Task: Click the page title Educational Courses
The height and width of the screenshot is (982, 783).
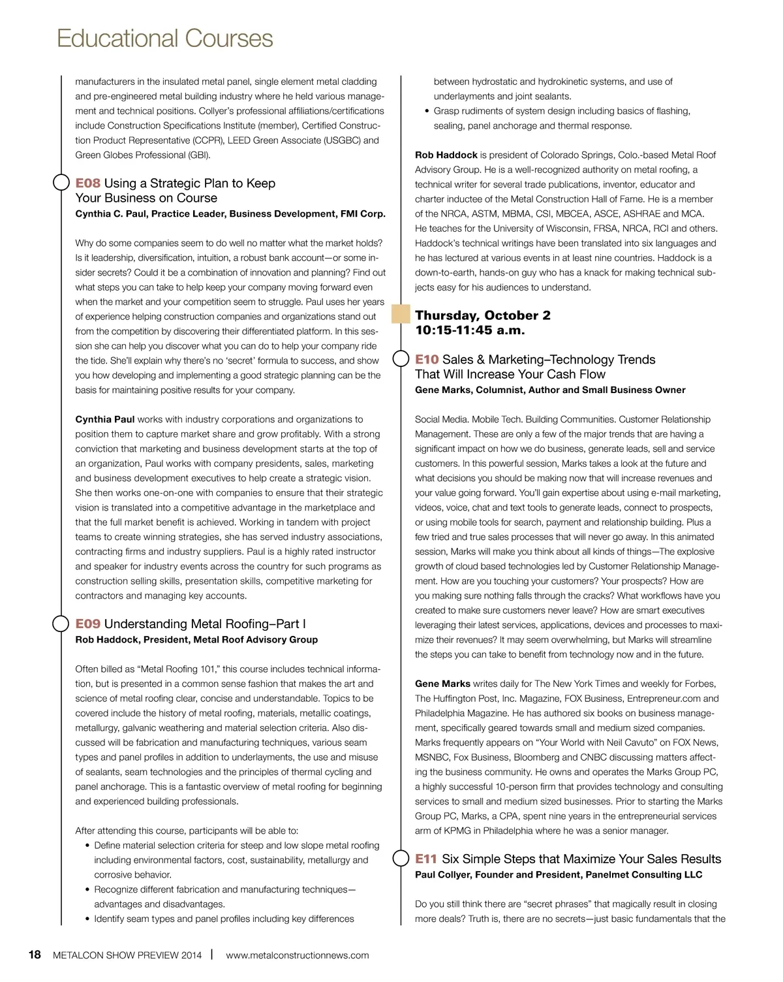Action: [x=164, y=39]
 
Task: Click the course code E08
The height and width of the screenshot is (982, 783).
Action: [x=88, y=183]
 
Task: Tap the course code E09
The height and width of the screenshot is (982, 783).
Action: [x=88, y=624]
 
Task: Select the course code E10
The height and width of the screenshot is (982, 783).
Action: [x=427, y=360]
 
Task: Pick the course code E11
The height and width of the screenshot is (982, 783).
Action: [x=427, y=859]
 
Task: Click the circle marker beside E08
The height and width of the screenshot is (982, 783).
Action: [x=61, y=183]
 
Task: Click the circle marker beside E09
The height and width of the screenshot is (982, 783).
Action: [x=61, y=624]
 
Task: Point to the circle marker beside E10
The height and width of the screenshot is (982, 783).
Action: [x=401, y=359]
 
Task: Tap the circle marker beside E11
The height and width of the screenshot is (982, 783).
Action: [x=401, y=859]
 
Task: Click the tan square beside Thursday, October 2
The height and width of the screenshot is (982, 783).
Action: [x=401, y=315]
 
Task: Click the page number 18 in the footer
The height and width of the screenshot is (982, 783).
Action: [x=35, y=955]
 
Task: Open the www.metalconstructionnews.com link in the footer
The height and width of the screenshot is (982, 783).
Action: [x=297, y=955]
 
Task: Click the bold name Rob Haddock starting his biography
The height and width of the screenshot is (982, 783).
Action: [x=446, y=155]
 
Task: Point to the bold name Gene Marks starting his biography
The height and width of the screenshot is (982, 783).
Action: [x=442, y=684]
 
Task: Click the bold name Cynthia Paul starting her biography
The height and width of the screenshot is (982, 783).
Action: [x=105, y=420]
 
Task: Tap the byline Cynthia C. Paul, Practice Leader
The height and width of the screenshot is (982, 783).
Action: [x=230, y=214]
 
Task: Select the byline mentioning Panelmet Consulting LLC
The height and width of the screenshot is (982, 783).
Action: [x=559, y=875]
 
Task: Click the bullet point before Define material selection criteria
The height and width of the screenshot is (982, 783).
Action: [x=87, y=846]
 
